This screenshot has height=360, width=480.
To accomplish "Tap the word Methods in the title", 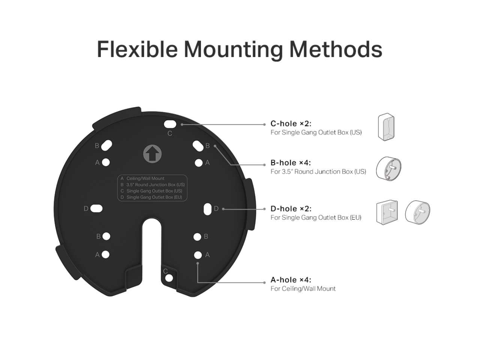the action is [x=336, y=49].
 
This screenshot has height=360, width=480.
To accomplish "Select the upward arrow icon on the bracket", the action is [x=152, y=154].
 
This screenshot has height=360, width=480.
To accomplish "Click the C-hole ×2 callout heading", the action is [x=291, y=124].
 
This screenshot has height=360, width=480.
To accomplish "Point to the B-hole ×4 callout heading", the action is [x=291, y=163].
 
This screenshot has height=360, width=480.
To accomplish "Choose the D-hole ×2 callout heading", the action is [x=291, y=208].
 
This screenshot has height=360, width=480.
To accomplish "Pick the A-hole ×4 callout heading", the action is [x=291, y=280].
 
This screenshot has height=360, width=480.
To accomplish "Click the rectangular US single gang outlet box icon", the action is [x=386, y=128].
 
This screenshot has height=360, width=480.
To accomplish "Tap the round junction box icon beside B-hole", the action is [x=388, y=170].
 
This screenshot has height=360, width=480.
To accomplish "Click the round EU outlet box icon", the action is [x=418, y=211].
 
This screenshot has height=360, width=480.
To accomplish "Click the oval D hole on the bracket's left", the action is [x=96, y=208].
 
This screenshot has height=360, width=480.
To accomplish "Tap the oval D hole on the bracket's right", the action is [x=207, y=208].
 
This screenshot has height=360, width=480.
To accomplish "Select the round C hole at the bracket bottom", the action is [x=169, y=278].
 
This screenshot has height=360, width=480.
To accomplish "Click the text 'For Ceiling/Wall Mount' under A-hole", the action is [x=303, y=289].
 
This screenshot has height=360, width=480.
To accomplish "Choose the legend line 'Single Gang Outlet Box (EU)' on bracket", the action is [x=154, y=197].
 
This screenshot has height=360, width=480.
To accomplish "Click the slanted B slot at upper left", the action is [x=106, y=145].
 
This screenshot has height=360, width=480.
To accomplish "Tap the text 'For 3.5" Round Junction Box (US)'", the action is [x=318, y=172].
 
